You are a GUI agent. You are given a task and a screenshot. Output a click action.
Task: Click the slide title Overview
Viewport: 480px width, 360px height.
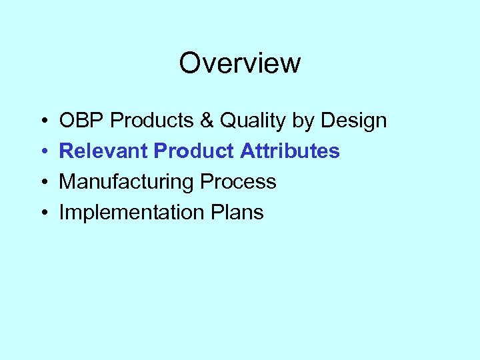(240, 63)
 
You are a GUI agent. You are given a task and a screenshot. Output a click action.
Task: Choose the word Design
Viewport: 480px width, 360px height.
(353, 121)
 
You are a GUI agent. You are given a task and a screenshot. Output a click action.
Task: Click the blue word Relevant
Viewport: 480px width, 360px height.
(103, 151)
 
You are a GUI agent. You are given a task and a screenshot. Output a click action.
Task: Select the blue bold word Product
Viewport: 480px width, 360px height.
(193, 151)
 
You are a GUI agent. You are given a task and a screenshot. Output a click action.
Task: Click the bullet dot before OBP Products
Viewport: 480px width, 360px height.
(43, 121)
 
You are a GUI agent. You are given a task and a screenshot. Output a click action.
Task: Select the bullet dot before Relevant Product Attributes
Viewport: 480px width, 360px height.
(43, 152)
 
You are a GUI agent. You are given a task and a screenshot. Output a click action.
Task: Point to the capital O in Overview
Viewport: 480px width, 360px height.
(190, 63)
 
